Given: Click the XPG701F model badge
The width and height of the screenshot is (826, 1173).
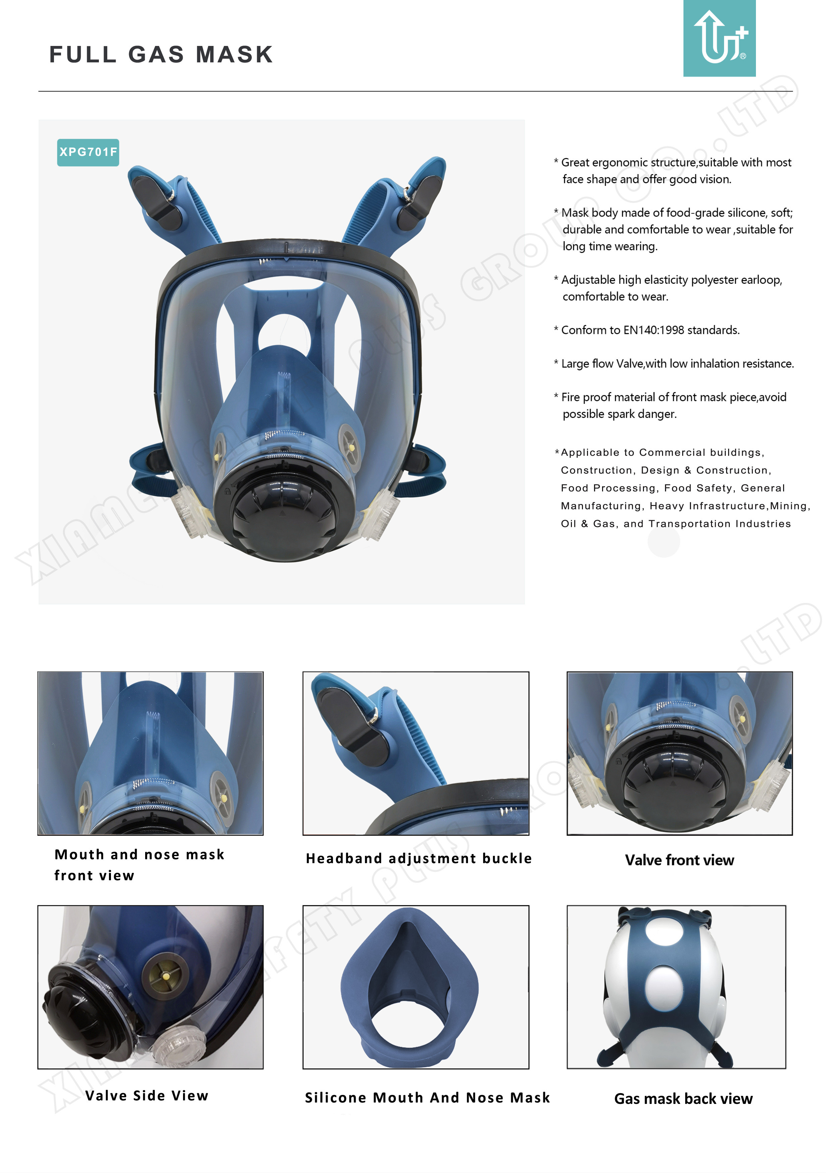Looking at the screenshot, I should point(88,152).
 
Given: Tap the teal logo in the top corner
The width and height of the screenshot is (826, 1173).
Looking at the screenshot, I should point(719,38).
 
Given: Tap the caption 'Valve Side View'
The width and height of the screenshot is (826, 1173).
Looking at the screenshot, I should point(146,1096).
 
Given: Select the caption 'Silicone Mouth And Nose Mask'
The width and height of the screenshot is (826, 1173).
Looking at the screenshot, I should point(427,1098).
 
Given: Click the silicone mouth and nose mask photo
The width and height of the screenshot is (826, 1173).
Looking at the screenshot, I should point(410,986).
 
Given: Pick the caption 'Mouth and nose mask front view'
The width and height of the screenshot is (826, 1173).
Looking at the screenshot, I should point(139,865).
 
